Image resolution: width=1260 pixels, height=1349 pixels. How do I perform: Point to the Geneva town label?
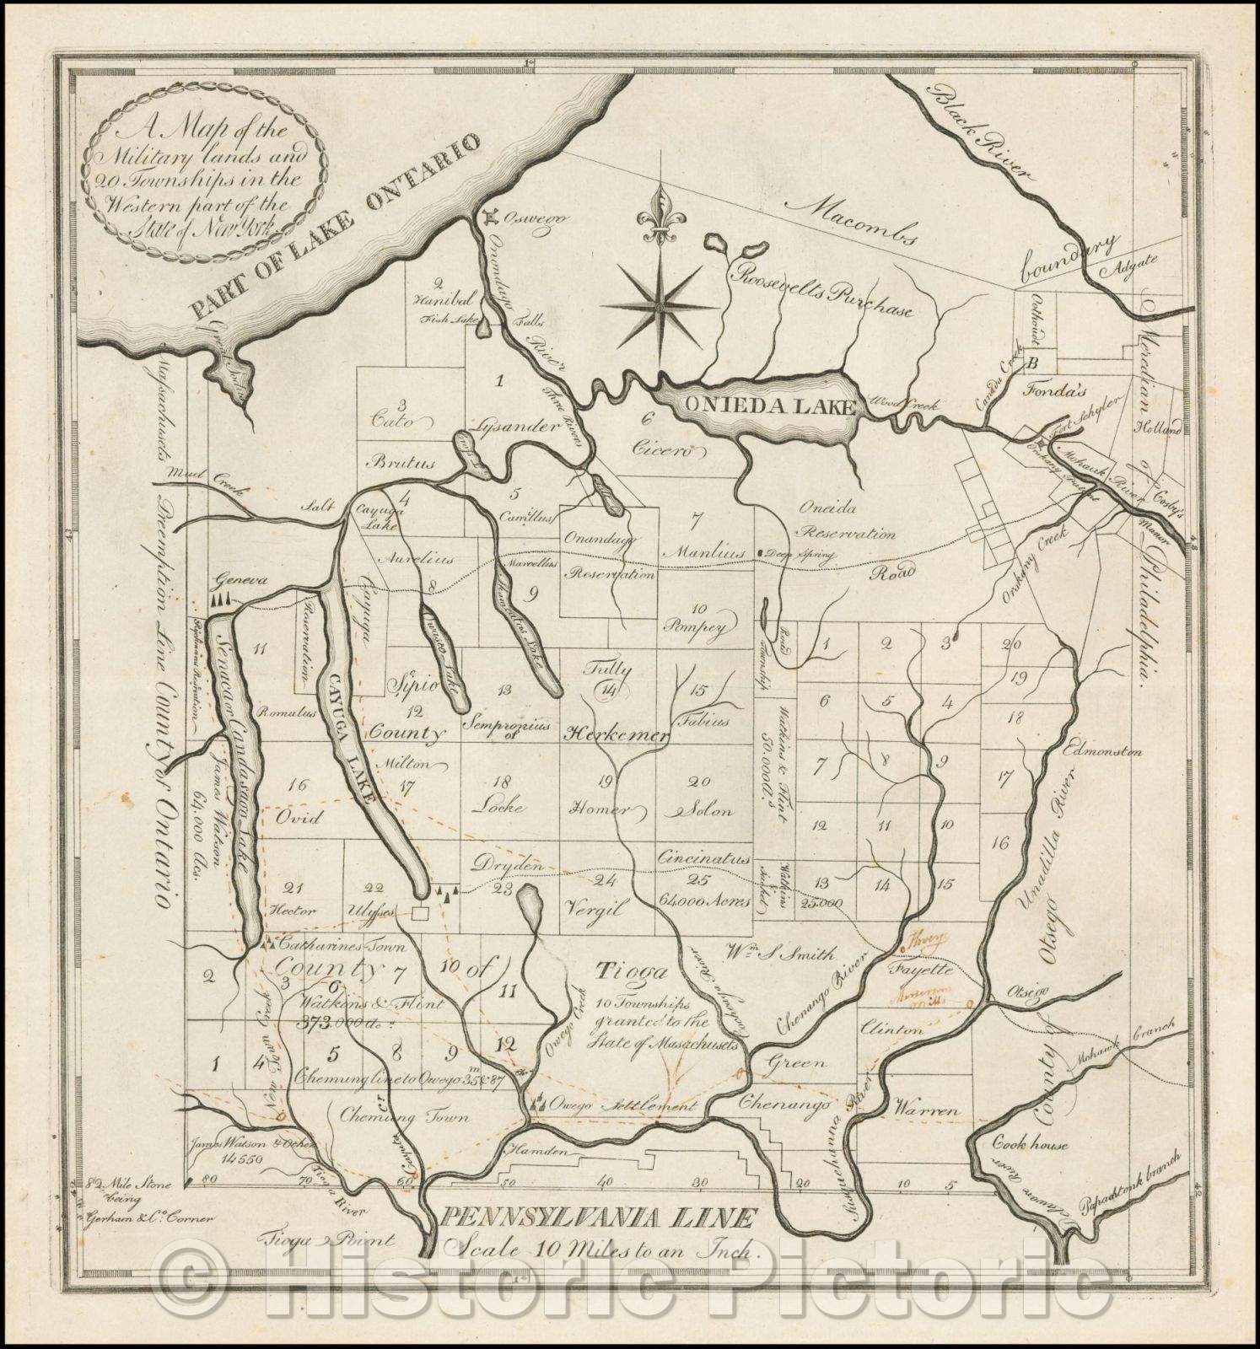(x=234, y=581)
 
